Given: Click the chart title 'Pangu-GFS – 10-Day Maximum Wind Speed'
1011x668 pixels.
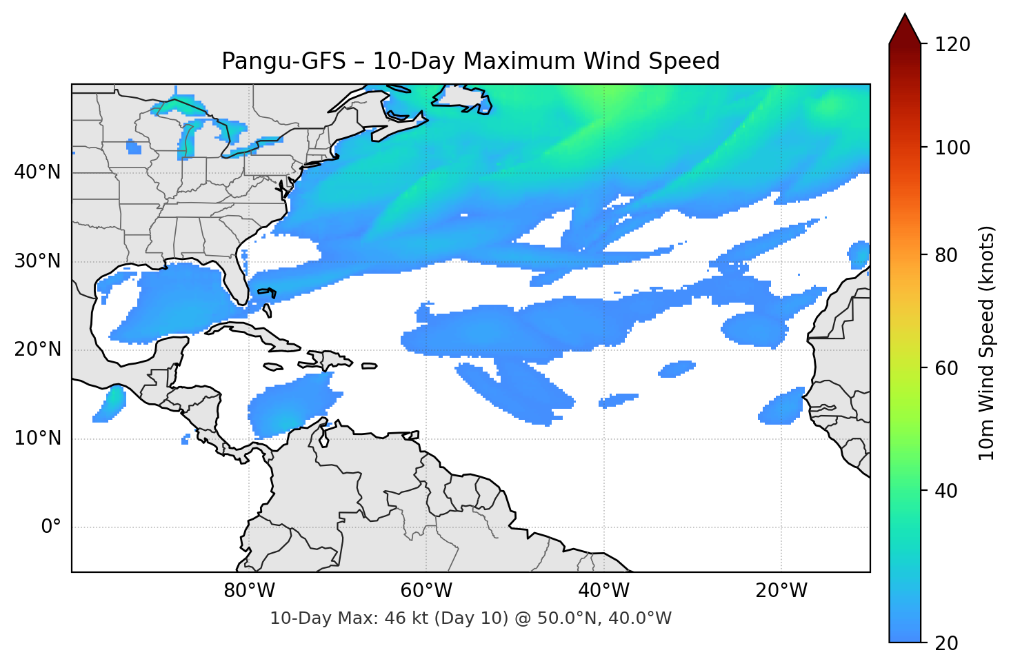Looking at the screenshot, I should (470, 61).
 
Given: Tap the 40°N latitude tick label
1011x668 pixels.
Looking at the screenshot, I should (37, 172).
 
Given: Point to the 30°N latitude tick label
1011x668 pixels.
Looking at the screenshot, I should (37, 261).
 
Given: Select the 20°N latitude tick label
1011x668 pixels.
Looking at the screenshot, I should (37, 350).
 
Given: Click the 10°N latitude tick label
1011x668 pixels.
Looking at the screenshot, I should (37, 438).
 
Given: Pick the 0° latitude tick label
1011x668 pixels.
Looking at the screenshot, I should (51, 527).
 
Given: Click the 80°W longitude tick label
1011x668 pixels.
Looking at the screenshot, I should (249, 591).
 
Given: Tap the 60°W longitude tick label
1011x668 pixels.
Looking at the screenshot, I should (426, 591).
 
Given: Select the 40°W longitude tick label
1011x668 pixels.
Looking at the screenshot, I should (603, 591).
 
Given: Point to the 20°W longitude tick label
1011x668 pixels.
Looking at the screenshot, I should (781, 591).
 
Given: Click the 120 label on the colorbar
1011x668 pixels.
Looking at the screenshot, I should (952, 45).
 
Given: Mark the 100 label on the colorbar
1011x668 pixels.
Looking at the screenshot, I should (952, 148).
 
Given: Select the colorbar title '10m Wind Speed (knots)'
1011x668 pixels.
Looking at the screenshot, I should (987, 343).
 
